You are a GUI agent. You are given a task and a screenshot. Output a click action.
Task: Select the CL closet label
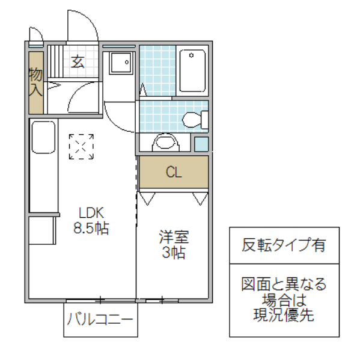pos(174,172)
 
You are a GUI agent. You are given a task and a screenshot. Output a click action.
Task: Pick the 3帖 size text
pos(173,252)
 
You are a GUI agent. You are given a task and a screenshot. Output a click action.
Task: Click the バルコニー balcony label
pos(100,319)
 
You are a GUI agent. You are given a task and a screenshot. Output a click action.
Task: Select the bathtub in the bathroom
pos(192,70)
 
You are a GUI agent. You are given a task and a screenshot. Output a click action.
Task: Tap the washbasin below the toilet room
pos(164,143)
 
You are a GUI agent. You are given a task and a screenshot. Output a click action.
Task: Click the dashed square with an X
pos(82,146)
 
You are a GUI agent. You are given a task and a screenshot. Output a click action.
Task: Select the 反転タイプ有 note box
pos(284,245)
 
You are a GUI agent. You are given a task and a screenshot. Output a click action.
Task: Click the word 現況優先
pos(284,315)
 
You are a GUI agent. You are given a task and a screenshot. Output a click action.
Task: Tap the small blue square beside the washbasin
pos(201,144)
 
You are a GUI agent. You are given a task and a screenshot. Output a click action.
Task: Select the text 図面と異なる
pos(284,283)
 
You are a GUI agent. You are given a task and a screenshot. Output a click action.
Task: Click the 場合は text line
pos(284,299)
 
